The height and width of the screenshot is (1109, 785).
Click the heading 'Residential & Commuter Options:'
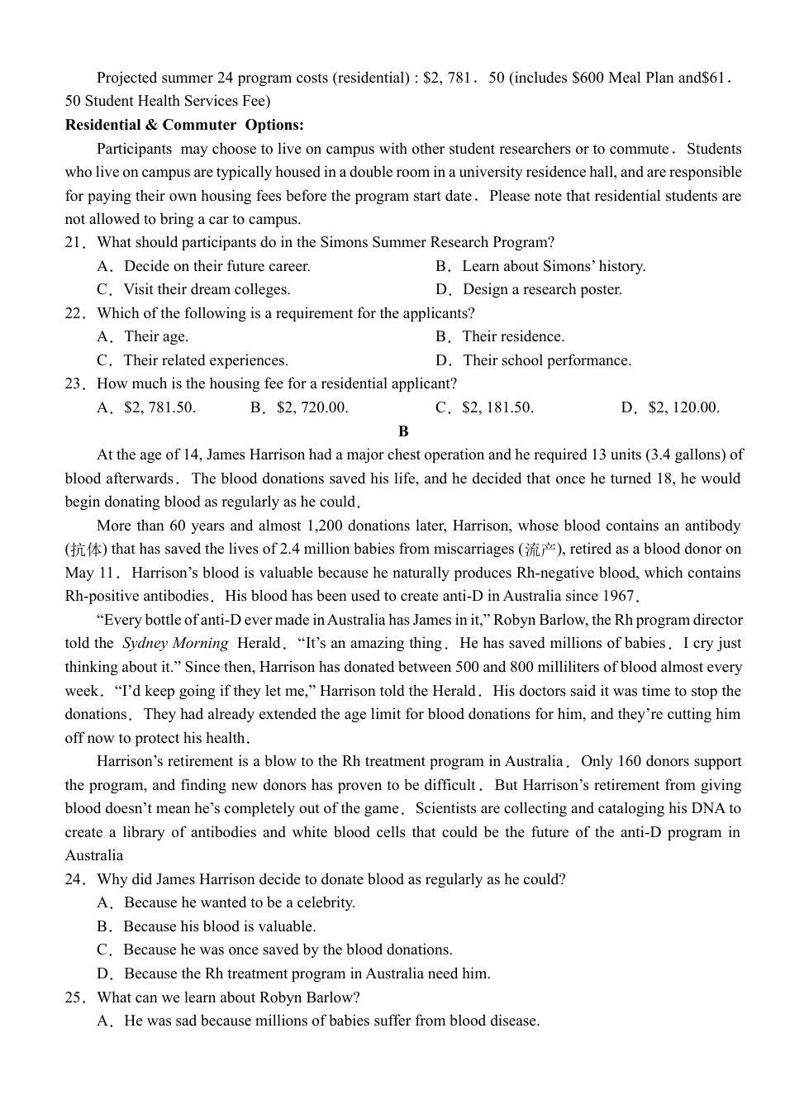coord(184,125)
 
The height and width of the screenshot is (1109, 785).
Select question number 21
coord(74,242)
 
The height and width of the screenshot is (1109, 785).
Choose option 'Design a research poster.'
coord(542,289)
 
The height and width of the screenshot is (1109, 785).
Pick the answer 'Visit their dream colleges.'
coord(207,289)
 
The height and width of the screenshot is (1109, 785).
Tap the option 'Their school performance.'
coord(547,360)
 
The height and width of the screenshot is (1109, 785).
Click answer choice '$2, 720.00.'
coord(312,407)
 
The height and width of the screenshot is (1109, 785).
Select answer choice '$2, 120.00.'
coord(684,407)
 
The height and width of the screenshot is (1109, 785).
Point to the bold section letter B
coord(403,431)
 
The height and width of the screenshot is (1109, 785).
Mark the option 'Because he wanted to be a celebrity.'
coord(240,902)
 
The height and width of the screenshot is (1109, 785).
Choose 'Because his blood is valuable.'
coord(220,926)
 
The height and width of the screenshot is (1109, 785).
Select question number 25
coord(74,997)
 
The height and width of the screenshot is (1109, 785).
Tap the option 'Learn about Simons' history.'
coord(554,266)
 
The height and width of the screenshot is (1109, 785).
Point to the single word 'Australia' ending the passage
coord(94,855)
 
